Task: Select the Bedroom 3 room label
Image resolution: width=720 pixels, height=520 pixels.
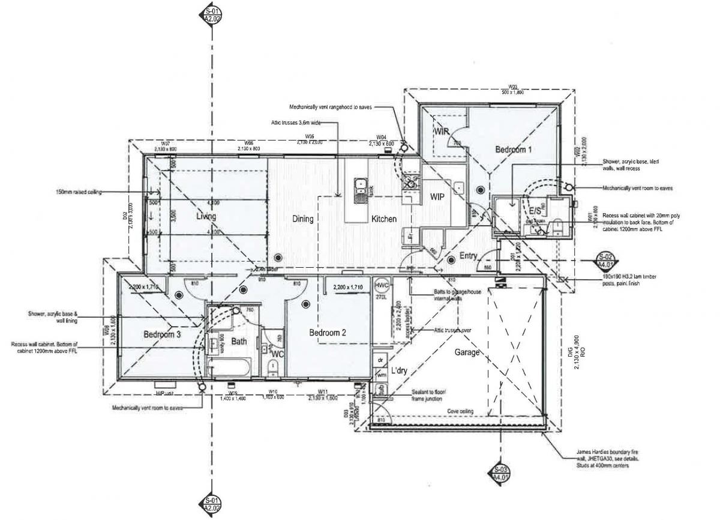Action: [x=162, y=334]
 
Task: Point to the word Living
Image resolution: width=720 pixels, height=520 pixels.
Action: [x=206, y=216]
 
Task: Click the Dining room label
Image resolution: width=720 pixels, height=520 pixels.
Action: [x=303, y=219]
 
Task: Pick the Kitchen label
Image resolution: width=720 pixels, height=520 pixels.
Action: [x=383, y=219]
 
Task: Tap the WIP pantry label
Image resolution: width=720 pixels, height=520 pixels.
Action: [x=436, y=197]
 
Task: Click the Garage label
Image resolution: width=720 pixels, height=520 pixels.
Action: [x=467, y=352]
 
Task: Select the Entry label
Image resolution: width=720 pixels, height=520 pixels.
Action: [x=468, y=256]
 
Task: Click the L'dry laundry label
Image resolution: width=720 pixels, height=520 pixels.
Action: [x=400, y=371]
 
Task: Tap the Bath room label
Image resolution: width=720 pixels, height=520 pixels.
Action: [x=239, y=342]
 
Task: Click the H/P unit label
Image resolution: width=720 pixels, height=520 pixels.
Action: [x=164, y=393]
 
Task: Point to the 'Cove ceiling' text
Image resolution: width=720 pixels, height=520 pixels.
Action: [x=460, y=411]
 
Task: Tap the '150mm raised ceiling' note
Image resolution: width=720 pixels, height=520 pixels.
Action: [x=77, y=192]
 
